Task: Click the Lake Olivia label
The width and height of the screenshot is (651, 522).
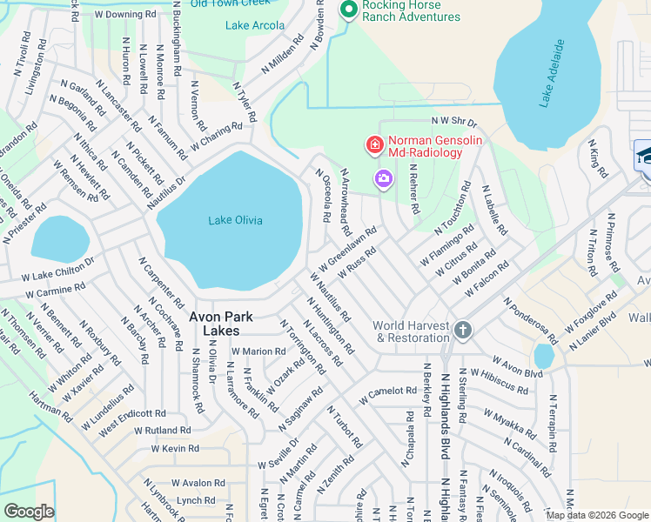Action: point(235,220)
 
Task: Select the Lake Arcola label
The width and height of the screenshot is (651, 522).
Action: point(254,25)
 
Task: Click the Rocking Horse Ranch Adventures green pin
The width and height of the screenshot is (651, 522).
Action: point(348,10)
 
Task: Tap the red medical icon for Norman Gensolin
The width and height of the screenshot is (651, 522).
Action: point(374,144)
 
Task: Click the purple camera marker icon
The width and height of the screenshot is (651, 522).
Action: point(383,178)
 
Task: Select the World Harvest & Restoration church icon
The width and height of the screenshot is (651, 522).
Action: point(463,331)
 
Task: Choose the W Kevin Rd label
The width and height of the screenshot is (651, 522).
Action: point(175,449)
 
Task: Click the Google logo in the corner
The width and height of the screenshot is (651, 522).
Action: point(29,512)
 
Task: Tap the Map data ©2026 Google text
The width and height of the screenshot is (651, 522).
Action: point(596,515)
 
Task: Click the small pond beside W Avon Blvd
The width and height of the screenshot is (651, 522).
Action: point(544,356)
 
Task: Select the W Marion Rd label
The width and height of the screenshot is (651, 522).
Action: point(258,351)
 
